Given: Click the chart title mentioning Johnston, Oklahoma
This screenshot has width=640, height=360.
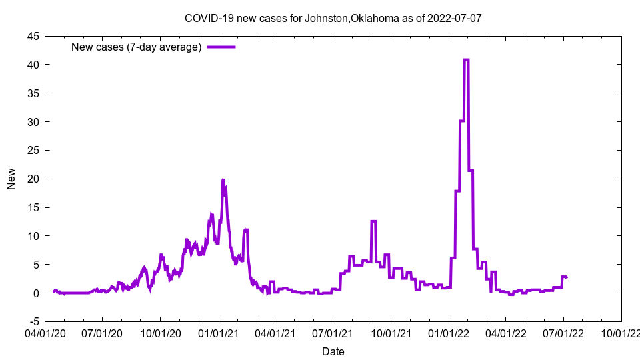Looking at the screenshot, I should [333, 18].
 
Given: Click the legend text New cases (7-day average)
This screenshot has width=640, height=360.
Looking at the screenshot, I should [136, 47].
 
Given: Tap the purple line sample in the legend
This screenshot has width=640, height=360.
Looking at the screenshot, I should [221, 47].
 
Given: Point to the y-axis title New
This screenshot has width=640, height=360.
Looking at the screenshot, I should [11, 179].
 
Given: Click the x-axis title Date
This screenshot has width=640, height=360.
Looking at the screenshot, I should [333, 351].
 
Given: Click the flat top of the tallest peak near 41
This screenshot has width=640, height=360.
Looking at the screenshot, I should [466, 59].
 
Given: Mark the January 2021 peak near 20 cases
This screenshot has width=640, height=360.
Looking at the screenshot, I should [223, 180].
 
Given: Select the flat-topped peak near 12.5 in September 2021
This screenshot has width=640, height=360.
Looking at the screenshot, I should [373, 221].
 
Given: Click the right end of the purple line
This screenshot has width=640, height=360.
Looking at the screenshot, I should [567, 277].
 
